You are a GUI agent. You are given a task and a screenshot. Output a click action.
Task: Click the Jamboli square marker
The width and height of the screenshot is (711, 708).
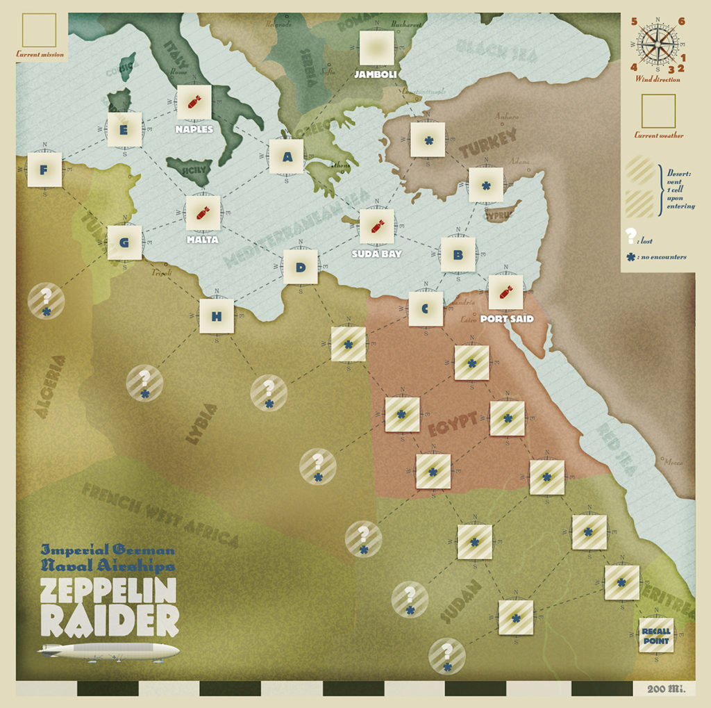pos(376,48)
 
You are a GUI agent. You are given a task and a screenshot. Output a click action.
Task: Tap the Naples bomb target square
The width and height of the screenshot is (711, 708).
pos(194,103)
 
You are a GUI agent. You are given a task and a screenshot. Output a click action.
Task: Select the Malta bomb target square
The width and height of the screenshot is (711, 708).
pos(203,213)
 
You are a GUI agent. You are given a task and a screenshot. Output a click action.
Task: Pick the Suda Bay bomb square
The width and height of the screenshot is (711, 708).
pos(376,227)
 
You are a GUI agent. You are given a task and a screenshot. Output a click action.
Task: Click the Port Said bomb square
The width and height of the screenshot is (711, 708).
pos(505,292)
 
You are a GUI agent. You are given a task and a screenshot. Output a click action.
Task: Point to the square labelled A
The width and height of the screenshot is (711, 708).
pos(287,157)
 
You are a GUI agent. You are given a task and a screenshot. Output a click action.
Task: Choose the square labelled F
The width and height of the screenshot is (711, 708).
pos(44,170)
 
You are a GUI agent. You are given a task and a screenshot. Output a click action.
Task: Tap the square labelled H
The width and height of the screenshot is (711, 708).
pos(217,316)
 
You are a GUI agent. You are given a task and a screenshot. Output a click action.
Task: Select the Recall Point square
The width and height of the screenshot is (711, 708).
pos(655,636)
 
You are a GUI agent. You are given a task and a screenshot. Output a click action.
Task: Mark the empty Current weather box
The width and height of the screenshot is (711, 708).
pos(658,111)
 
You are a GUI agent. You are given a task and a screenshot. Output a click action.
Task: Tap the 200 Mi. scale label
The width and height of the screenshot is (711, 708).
pos(665,689)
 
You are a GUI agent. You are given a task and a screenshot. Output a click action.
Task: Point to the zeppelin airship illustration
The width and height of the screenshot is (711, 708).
pos(109,652)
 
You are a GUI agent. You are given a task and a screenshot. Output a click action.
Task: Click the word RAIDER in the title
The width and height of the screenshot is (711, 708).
pos(109,620)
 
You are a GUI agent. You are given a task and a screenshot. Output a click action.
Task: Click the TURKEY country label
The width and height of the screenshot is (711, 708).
pos(487,145)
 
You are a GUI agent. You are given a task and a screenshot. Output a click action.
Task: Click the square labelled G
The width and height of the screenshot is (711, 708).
pos(124,242)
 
